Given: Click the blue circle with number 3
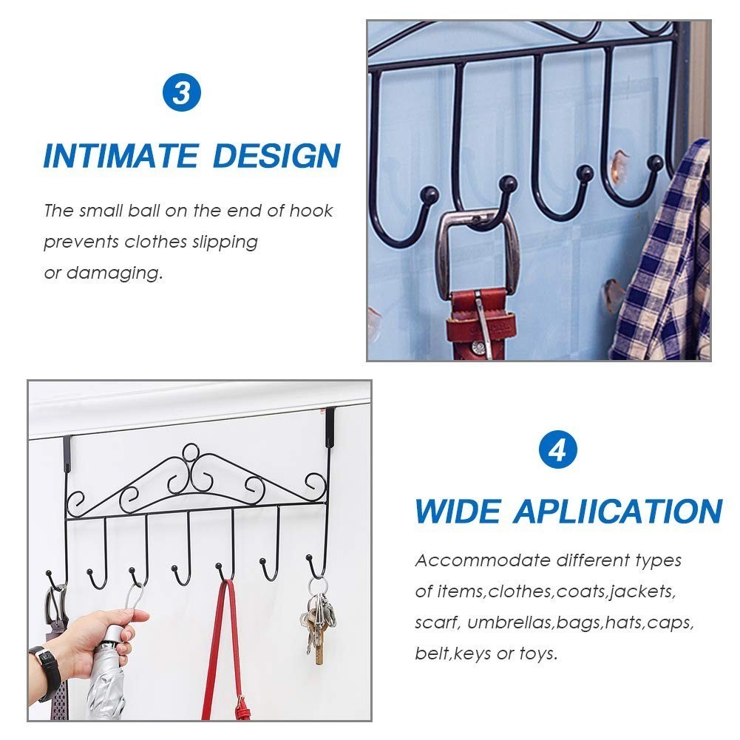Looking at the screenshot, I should click(x=181, y=94).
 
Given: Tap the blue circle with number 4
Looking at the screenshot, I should click(x=557, y=450).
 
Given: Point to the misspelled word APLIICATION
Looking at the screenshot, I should click(x=618, y=512).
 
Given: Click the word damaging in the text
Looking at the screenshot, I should click(x=114, y=273).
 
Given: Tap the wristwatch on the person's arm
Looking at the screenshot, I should click(x=48, y=670).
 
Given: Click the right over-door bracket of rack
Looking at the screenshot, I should click(x=330, y=429).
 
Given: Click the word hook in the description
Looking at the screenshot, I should click(x=311, y=211).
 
